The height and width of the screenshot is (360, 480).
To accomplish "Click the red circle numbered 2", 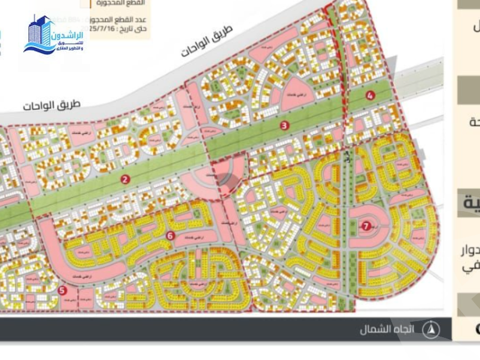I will (x=125, y=179).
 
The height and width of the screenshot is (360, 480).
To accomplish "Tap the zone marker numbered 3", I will (x=285, y=126).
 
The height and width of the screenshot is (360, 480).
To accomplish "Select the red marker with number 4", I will (x=370, y=95).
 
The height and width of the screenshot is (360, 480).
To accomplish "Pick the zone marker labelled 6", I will (x=171, y=236).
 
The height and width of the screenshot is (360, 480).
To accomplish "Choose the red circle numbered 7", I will (x=366, y=225).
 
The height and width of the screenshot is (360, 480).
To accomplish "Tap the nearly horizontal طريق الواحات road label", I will (x=51, y=105).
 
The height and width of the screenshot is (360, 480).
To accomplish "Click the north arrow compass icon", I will (x=431, y=330).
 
